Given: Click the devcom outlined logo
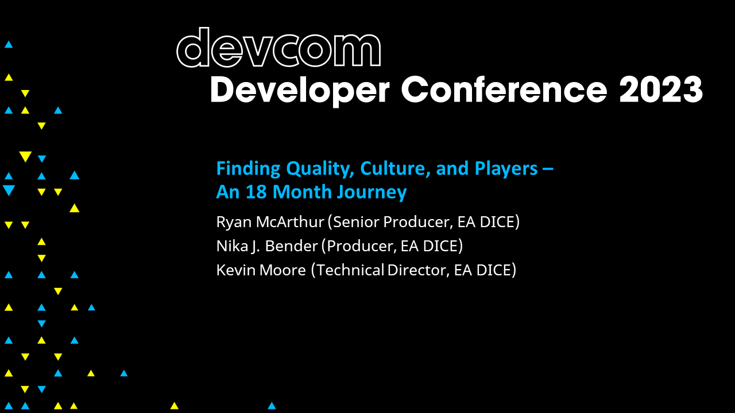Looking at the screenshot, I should pos(278,48).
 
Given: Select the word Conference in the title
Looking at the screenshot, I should pos(504,90).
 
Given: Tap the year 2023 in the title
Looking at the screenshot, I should pos(661,90).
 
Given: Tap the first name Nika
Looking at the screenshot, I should pos(229,246).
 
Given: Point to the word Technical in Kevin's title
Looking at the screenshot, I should pos(350,270).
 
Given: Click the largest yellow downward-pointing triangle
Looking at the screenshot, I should pos(25,157).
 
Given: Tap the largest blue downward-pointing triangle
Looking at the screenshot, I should pos(9,190).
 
